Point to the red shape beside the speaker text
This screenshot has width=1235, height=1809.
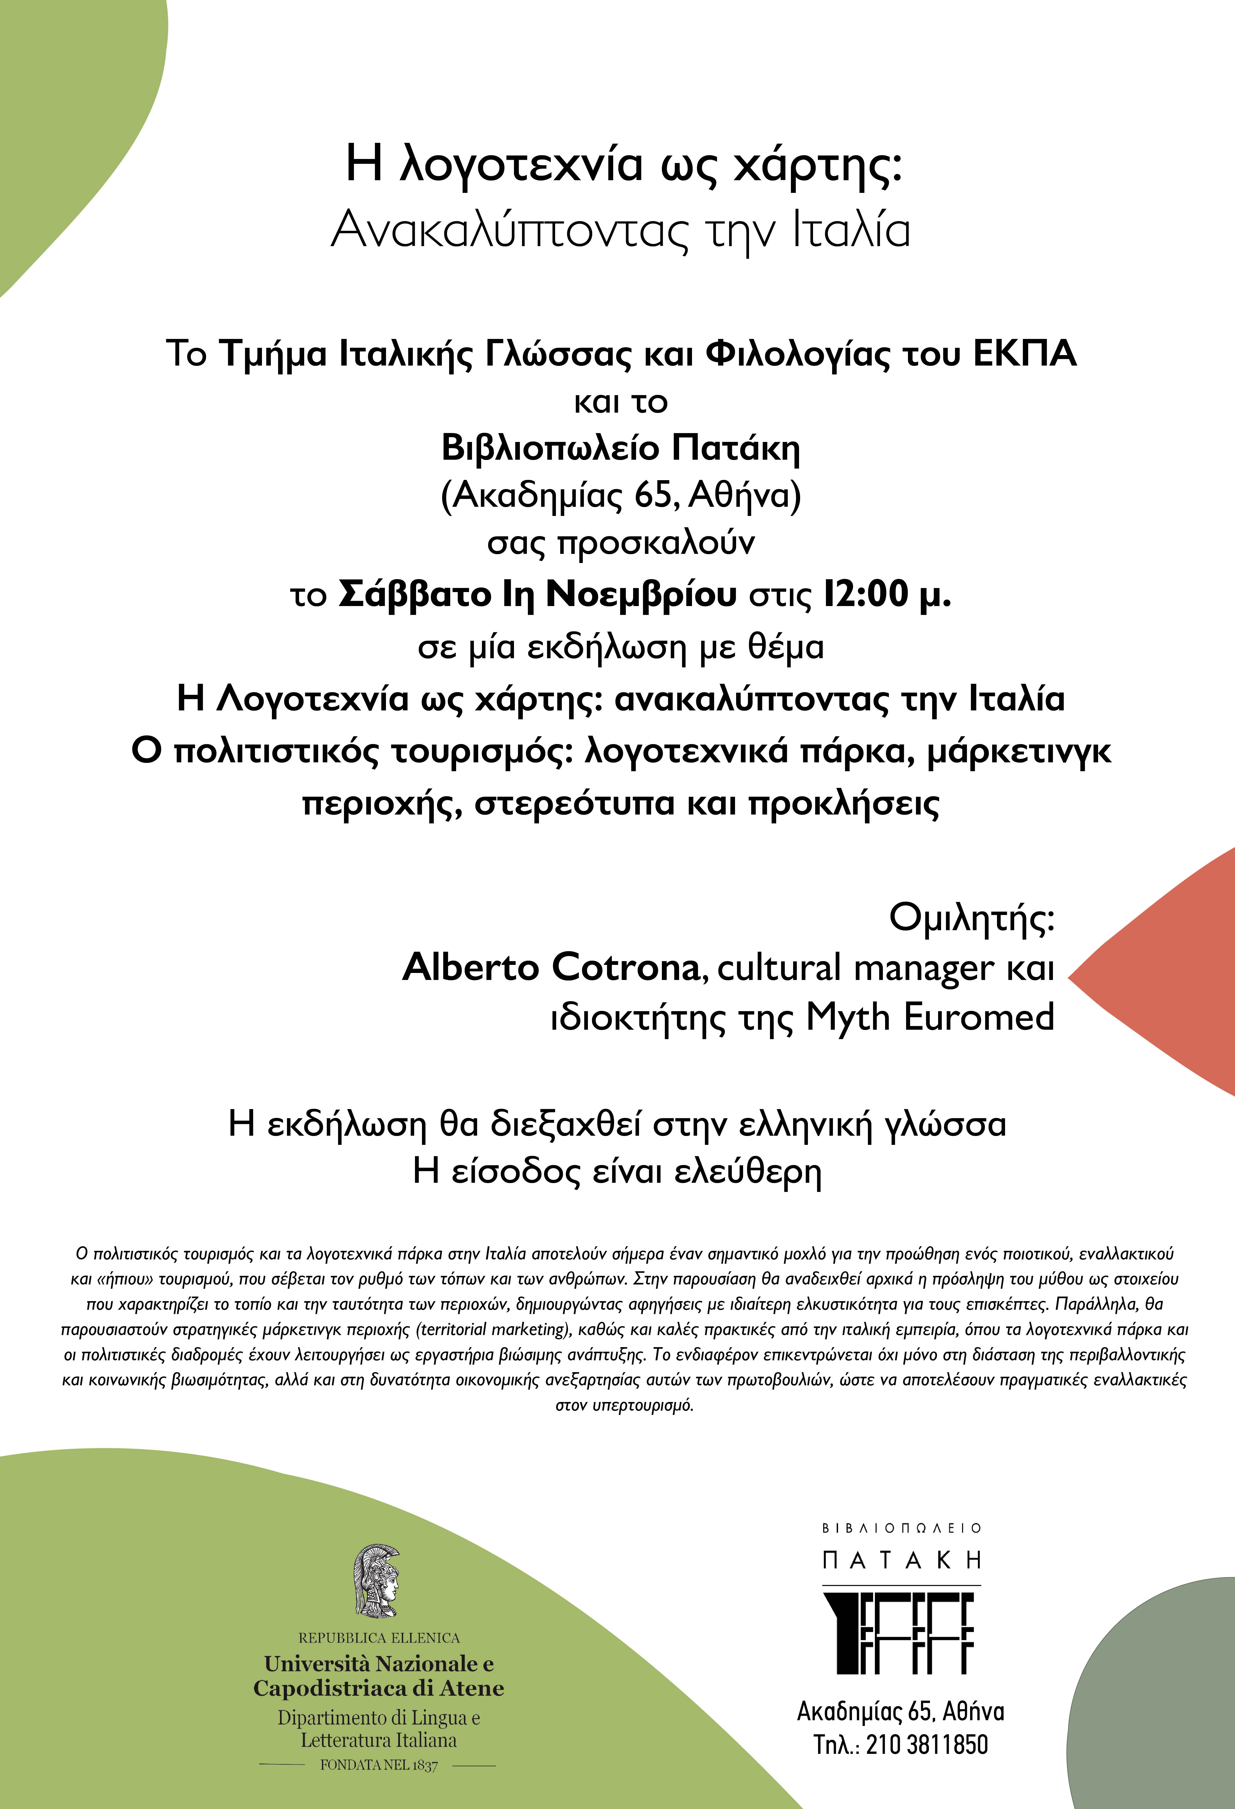pos(1167,973)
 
